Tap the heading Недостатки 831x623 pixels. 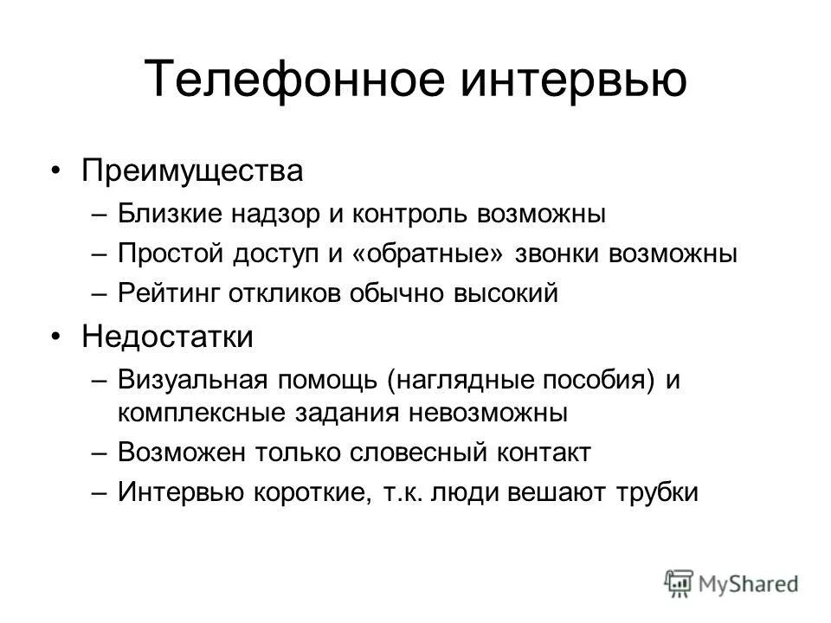click(168, 337)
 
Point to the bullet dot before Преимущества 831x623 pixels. click(56, 170)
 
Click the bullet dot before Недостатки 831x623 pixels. click(56, 337)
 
